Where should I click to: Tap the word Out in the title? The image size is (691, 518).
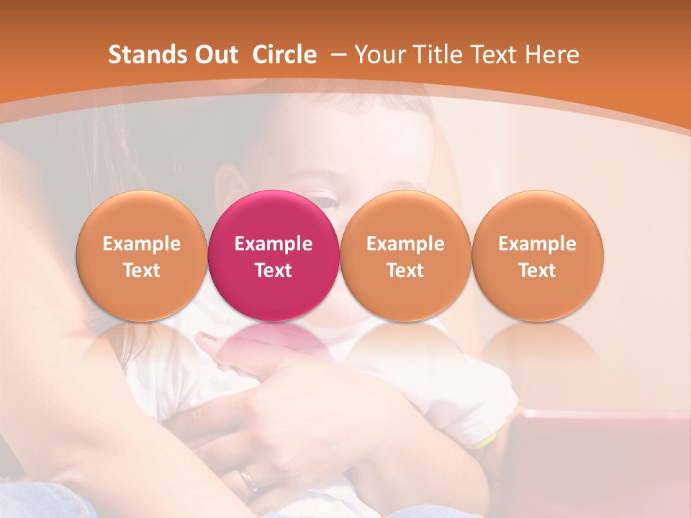[215, 55]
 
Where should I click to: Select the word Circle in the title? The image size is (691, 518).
[284, 55]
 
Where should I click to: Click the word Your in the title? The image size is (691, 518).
[379, 55]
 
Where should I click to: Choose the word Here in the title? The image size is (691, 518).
[552, 55]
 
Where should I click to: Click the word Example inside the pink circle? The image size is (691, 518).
[274, 244]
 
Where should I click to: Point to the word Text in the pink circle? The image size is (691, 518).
[274, 271]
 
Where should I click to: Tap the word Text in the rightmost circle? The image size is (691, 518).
[538, 271]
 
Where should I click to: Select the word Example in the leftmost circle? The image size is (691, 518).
[141, 244]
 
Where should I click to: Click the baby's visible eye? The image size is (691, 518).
[325, 201]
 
